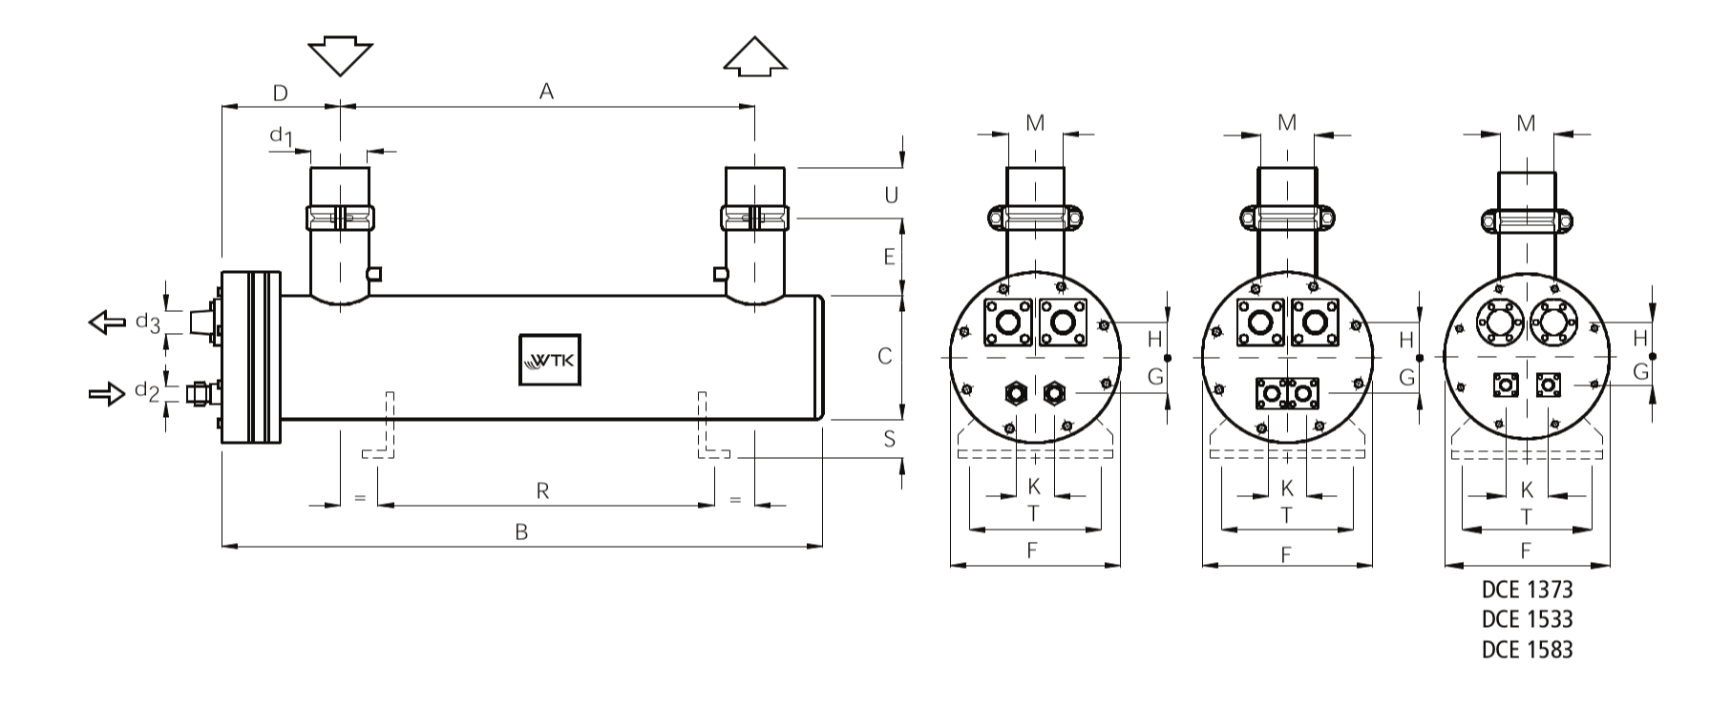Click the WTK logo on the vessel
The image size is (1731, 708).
549,360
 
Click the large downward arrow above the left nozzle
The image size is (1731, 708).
341,57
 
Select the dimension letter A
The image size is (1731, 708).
546,92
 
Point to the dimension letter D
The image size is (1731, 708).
281,93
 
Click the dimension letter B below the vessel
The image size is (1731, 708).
521,532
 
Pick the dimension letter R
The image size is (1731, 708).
542,491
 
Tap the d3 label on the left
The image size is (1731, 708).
147,323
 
